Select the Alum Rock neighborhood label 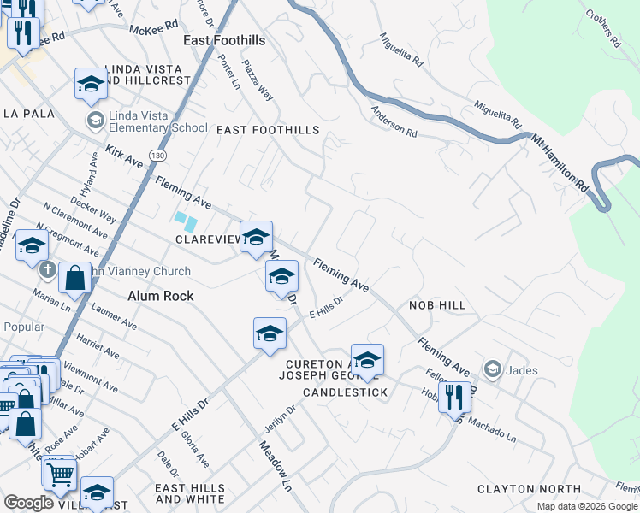pyautogui.click(x=160, y=296)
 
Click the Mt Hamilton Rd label pyautogui.click(x=560, y=162)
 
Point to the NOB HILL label pyautogui.click(x=436, y=305)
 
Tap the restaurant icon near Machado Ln pyautogui.click(x=453, y=397)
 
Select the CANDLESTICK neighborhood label pyautogui.click(x=345, y=392)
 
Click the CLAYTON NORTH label pyautogui.click(x=517, y=489)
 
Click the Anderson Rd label pyautogui.click(x=394, y=121)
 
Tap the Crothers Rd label pyautogui.click(x=602, y=28)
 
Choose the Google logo pyautogui.click(x=28, y=503)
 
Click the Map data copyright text pyautogui.click(x=587, y=506)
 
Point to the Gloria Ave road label pyautogui.click(x=195, y=449)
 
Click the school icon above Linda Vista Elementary pyautogui.click(x=91, y=84)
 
